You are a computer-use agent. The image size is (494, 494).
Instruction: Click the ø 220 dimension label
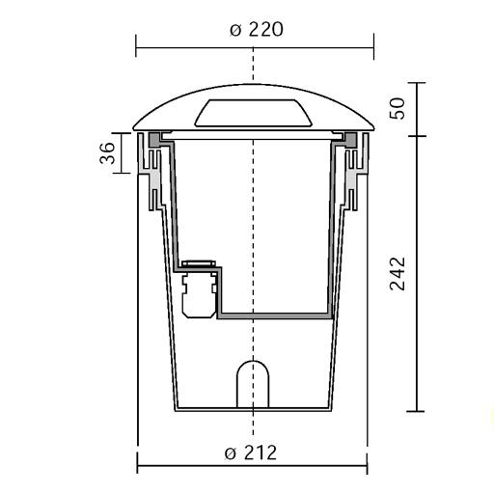point(257,30)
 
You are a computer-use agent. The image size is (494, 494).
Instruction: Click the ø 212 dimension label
point(251,453)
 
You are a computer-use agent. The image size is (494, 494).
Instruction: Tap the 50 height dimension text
point(398,108)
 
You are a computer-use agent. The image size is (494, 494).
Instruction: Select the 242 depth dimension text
point(398,274)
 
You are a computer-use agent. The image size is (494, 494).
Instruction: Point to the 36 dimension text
point(107,153)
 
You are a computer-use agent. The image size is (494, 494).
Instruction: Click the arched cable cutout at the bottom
point(253,384)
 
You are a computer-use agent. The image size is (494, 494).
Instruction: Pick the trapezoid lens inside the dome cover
point(254,113)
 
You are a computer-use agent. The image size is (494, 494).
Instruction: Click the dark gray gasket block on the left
point(154,140)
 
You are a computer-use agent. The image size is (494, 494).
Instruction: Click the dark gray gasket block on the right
point(350,140)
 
